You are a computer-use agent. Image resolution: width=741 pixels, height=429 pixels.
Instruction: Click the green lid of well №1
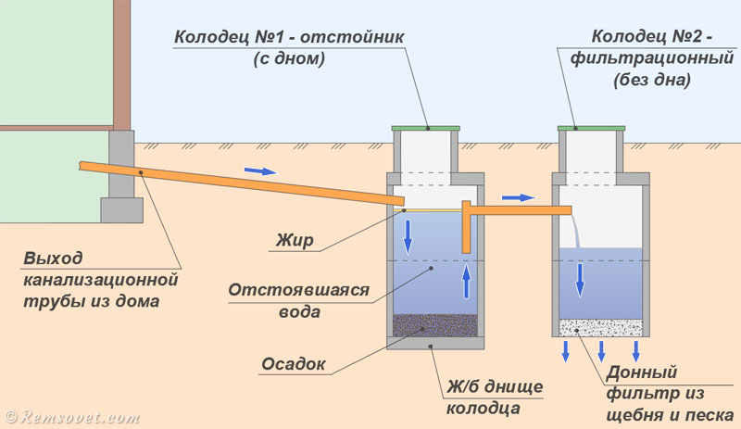tap(426, 127)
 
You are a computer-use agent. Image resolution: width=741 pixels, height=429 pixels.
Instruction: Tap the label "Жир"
tap(295, 241)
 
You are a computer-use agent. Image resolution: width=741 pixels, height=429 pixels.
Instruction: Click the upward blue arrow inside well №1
tap(467, 279)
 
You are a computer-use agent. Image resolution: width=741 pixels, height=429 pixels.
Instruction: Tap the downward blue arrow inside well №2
tap(581, 279)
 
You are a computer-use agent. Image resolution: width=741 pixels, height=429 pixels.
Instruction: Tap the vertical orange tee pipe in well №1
tap(466, 228)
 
